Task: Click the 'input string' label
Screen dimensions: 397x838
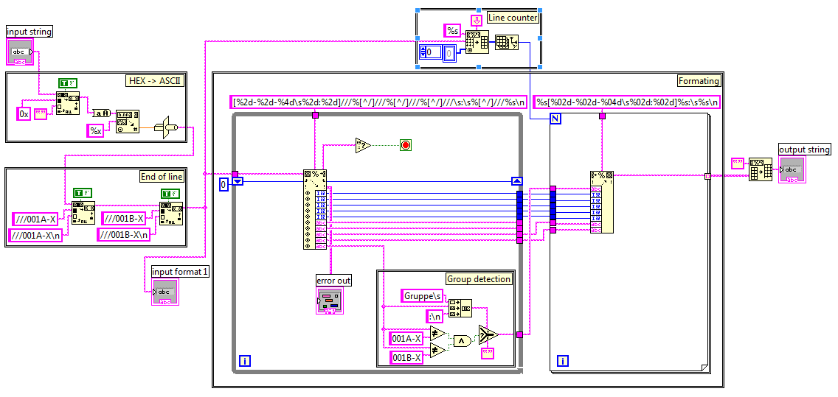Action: pyautogui.click(x=30, y=31)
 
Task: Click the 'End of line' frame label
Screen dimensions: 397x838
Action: pyautogui.click(x=162, y=176)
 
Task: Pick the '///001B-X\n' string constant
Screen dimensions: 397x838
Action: pyautogui.click(x=124, y=234)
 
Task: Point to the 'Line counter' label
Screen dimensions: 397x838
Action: pyautogui.click(x=512, y=18)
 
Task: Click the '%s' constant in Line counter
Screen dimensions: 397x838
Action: pyautogui.click(x=452, y=30)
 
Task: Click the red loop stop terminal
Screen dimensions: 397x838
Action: pyautogui.click(x=406, y=145)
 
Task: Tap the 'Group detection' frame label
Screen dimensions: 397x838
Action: pyautogui.click(x=479, y=278)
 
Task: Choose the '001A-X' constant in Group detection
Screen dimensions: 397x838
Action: pyautogui.click(x=407, y=338)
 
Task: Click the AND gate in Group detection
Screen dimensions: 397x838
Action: pyautogui.click(x=462, y=341)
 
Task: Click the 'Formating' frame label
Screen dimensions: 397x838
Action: pyautogui.click(x=699, y=80)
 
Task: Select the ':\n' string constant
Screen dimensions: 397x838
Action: pyautogui.click(x=435, y=317)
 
